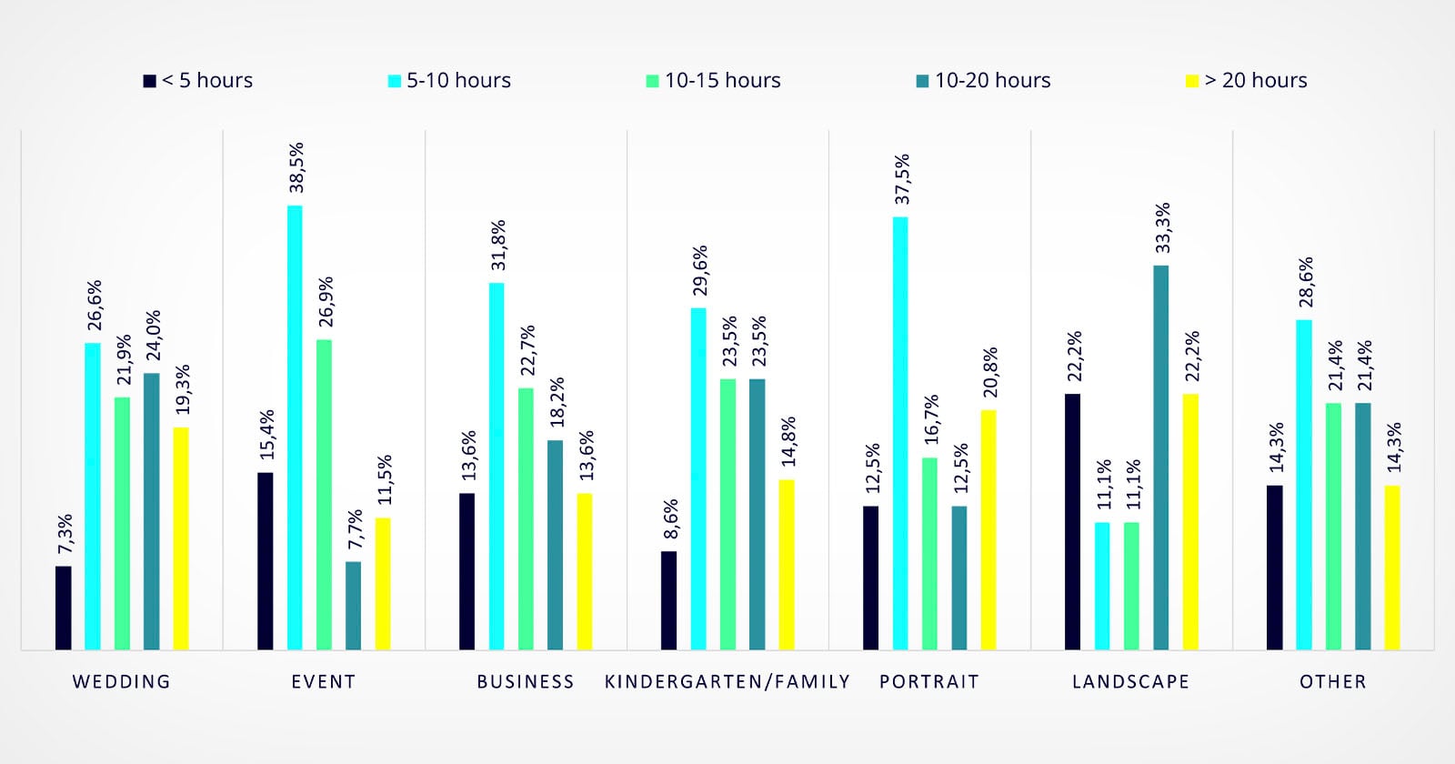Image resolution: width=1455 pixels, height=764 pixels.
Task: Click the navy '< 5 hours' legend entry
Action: [198, 81]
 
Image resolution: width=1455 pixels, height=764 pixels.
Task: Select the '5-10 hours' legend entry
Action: [449, 81]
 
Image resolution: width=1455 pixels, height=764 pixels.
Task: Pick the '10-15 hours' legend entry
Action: [713, 81]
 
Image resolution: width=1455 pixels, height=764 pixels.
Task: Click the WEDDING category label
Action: [122, 681]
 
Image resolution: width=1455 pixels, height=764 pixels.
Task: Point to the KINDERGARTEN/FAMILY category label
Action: [727, 681]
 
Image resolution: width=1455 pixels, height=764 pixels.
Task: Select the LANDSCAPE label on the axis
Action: [1130, 681]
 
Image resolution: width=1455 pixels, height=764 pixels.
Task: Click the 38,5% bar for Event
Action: [295, 427]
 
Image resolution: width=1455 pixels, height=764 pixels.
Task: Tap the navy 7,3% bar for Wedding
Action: [63, 608]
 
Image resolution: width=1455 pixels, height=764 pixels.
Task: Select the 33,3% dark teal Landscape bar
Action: [1161, 457]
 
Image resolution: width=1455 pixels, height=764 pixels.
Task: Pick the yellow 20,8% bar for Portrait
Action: [988, 529]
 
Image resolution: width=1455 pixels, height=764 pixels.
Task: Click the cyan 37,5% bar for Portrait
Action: [900, 433]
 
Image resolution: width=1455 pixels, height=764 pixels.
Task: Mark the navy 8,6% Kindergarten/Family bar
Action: [668, 600]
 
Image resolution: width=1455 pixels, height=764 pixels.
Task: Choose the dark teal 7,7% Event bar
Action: [353, 605]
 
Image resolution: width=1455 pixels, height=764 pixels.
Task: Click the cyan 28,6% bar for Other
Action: [1304, 484]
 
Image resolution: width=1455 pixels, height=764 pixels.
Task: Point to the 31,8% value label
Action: [498, 245]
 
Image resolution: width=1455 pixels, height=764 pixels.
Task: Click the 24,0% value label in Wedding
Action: [153, 336]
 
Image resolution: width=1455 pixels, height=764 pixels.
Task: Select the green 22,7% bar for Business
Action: [526, 518]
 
